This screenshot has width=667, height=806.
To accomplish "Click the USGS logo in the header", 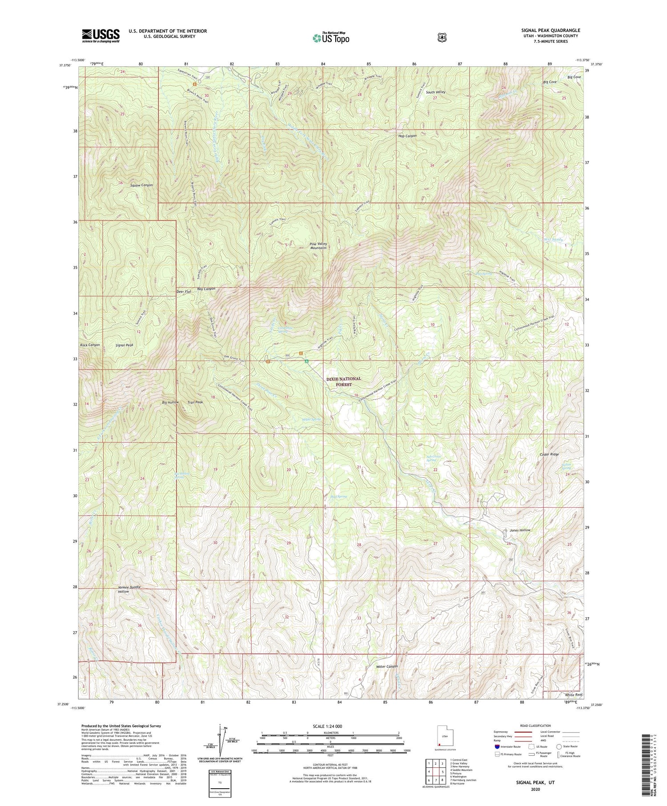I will coord(100,35).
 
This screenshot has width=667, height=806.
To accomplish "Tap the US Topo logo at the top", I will coord(331,38).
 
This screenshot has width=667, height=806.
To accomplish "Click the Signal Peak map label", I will coord(124,345).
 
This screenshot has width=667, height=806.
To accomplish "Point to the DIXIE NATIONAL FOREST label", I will coord(344,381).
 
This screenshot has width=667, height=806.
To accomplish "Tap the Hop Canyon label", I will coord(407,136).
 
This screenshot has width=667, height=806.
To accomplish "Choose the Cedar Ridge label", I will coord(550,454).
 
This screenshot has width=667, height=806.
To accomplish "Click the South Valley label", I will coord(435,92).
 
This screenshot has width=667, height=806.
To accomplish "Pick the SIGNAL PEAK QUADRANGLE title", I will coord(550,31).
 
